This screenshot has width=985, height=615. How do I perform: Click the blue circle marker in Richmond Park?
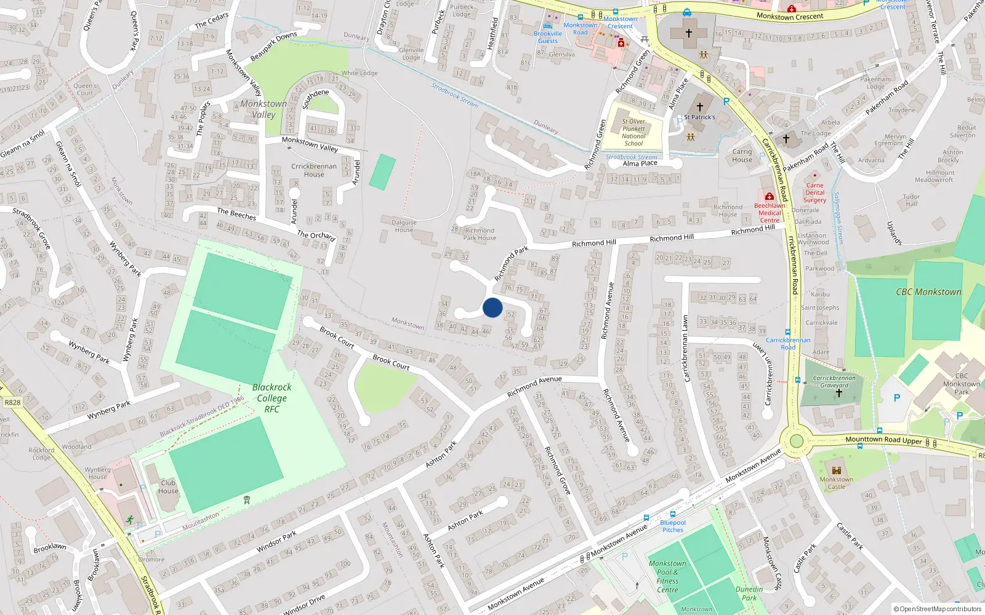(492, 307)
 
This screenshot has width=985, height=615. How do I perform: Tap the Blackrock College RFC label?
(271, 398)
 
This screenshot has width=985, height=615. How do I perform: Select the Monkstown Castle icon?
(836, 469)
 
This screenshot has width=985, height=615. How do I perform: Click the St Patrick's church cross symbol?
(699, 106)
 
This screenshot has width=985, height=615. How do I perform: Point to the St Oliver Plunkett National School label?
(633, 132)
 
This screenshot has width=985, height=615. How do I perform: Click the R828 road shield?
(12, 402)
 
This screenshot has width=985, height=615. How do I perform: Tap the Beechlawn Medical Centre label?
(770, 213)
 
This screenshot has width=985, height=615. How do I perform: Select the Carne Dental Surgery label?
(814, 192)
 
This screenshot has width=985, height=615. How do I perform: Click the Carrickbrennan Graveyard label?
(834, 382)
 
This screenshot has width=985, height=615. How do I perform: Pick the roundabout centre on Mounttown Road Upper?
(797, 441)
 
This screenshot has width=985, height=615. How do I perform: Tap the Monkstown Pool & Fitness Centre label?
(667, 576)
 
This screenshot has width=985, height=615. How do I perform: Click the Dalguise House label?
(404, 226)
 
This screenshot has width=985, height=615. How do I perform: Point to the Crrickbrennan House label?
(314, 170)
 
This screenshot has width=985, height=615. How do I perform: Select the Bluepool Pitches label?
(673, 526)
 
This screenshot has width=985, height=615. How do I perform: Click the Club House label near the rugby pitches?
(168, 486)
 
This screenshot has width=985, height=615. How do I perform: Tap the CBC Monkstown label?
(928, 292)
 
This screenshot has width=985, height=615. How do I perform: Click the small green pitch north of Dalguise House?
(382, 172)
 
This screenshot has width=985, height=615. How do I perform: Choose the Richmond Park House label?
(480, 234)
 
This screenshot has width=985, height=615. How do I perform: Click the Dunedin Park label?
(749, 593)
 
